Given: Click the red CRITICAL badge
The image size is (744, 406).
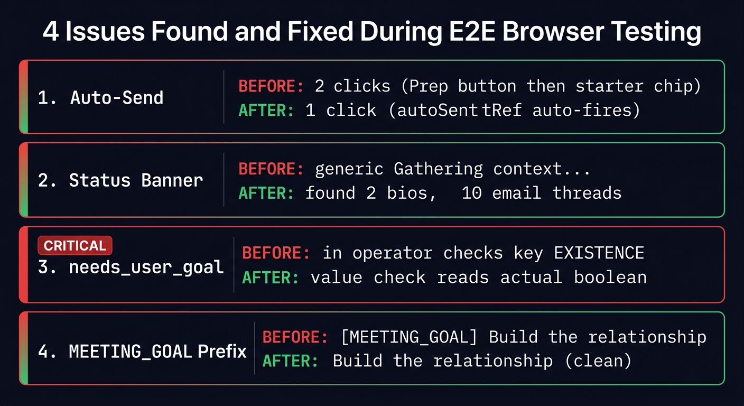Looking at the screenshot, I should point(75,245).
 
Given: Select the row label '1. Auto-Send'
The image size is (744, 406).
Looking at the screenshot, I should point(100,97).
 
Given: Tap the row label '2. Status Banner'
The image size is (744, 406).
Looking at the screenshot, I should point(120,180).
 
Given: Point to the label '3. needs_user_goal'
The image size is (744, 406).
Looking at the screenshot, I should point(131,266).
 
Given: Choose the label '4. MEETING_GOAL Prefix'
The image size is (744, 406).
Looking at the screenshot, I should point(142,351).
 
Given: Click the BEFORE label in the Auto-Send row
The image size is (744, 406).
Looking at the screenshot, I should point(271,86).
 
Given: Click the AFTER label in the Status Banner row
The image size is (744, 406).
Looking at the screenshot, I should point(266,193).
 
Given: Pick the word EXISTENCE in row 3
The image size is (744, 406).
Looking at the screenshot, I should point(599,253).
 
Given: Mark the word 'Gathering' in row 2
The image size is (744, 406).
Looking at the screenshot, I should point(438,169).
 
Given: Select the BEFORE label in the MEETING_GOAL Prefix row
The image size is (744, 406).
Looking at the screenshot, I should point(295,337).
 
